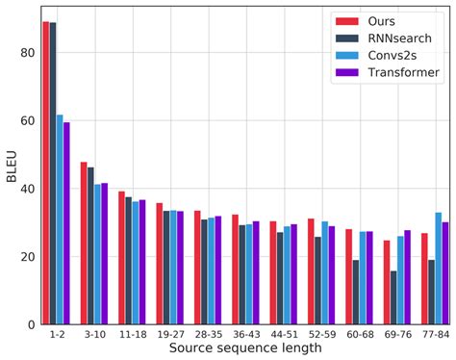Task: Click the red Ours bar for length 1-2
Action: pos(46,173)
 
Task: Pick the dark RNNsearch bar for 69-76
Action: pos(393,297)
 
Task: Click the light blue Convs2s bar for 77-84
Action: pos(439,269)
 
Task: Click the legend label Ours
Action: pos(384,21)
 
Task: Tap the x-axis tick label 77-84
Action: pos(434,336)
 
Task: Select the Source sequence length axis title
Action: pos(241,349)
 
